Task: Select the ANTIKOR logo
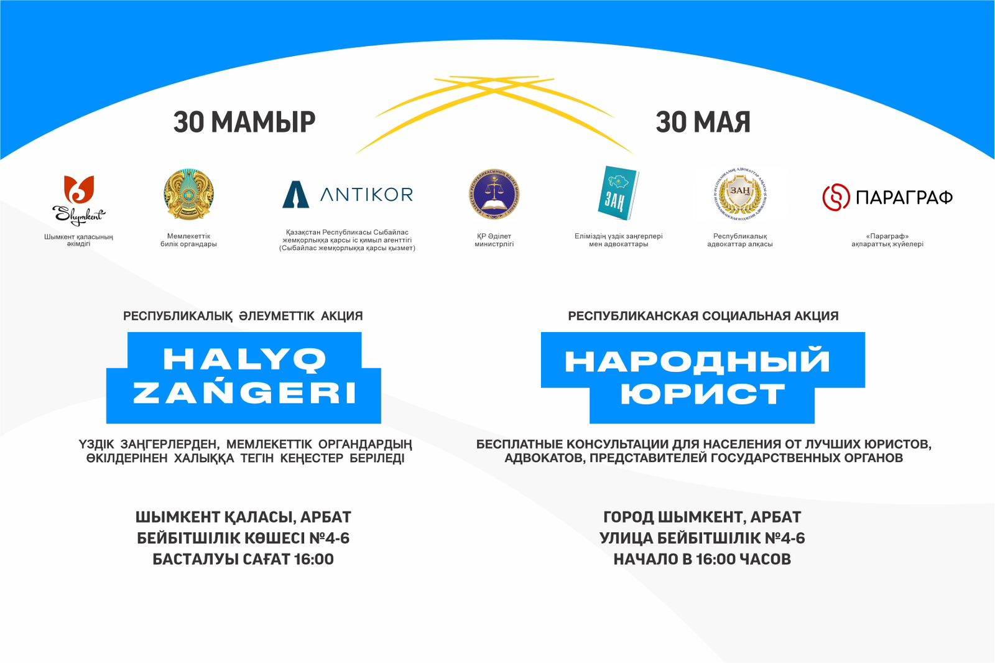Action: click(348, 195)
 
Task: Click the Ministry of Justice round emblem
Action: click(494, 195)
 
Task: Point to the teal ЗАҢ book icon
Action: click(618, 193)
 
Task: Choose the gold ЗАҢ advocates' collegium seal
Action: click(740, 195)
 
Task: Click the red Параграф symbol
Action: click(836, 197)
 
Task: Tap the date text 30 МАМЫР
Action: click(244, 122)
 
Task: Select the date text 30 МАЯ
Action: click(703, 122)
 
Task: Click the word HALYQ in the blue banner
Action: click(244, 359)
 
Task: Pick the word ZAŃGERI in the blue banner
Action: click(244, 393)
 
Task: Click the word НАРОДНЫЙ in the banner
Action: click(697, 361)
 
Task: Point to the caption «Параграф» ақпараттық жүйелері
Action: click(887, 240)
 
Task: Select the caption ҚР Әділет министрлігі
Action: click(494, 240)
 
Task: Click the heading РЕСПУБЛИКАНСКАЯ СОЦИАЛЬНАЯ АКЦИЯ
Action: click(703, 316)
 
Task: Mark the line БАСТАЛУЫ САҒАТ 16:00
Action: click(243, 559)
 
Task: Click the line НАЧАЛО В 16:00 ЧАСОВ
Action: click(702, 559)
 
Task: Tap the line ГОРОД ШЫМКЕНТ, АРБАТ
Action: click(702, 517)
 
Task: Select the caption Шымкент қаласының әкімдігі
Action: click(78, 240)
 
